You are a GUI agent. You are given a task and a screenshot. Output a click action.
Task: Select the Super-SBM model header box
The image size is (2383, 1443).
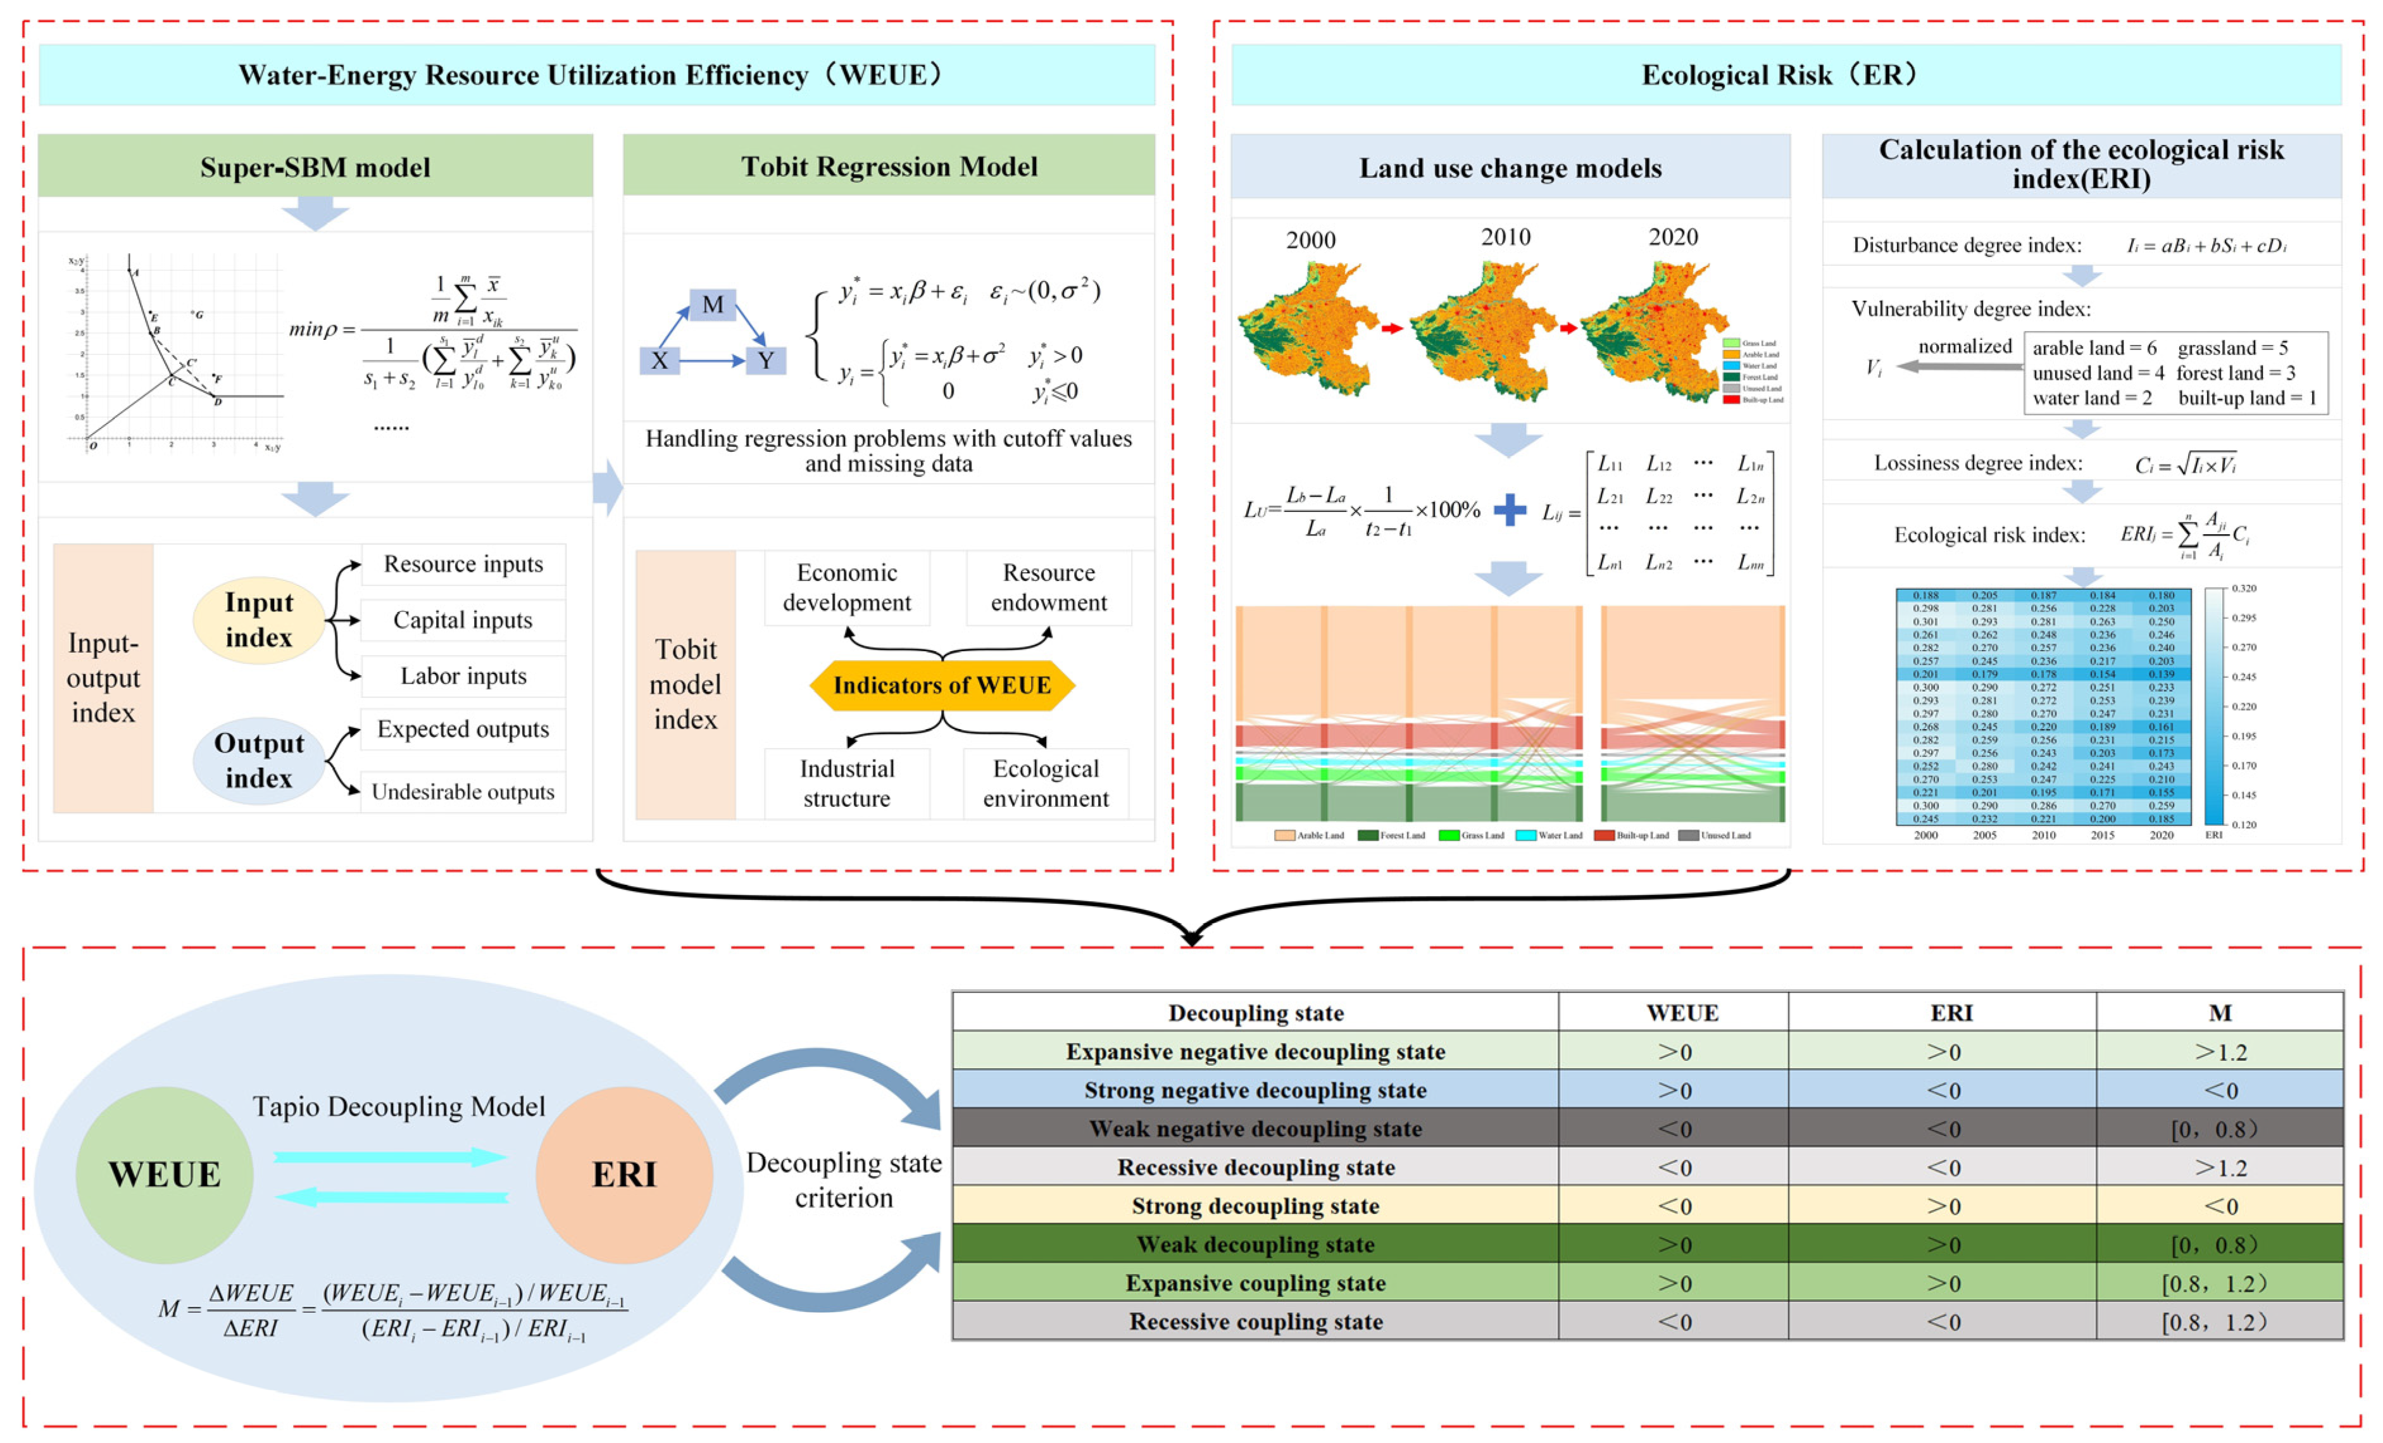pyautogui.click(x=315, y=166)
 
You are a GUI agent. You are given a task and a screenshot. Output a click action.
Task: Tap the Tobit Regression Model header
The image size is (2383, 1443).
pyautogui.click(x=889, y=166)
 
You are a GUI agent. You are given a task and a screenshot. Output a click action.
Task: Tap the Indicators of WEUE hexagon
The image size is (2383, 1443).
pyautogui.click(x=942, y=685)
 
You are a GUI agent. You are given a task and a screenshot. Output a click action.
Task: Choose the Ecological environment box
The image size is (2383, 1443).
pyautogui.click(x=1046, y=784)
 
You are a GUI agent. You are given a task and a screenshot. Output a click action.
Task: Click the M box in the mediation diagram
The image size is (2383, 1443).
pyautogui.click(x=713, y=304)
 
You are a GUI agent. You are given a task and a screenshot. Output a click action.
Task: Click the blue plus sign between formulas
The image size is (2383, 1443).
pyautogui.click(x=1510, y=509)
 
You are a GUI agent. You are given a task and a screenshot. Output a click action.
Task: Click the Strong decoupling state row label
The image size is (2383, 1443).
pyautogui.click(x=1255, y=1206)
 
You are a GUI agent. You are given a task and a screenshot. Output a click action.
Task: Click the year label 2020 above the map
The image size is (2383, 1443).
pyautogui.click(x=1673, y=237)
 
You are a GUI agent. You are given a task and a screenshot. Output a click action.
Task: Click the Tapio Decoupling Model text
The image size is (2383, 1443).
pyautogui.click(x=399, y=1106)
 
